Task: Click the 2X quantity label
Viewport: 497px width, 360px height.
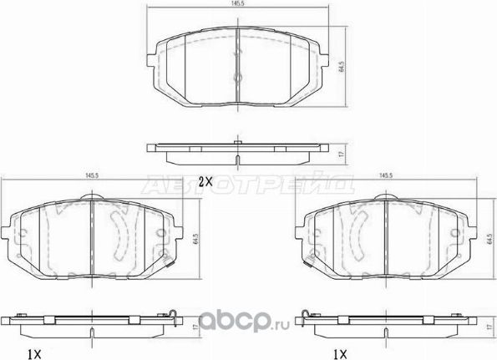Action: (205, 180)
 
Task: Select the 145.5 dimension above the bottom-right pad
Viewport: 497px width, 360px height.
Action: (387, 175)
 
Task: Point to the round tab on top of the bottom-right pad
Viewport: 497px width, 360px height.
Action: (385, 198)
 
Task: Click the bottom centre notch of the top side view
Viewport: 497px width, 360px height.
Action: (238, 162)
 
